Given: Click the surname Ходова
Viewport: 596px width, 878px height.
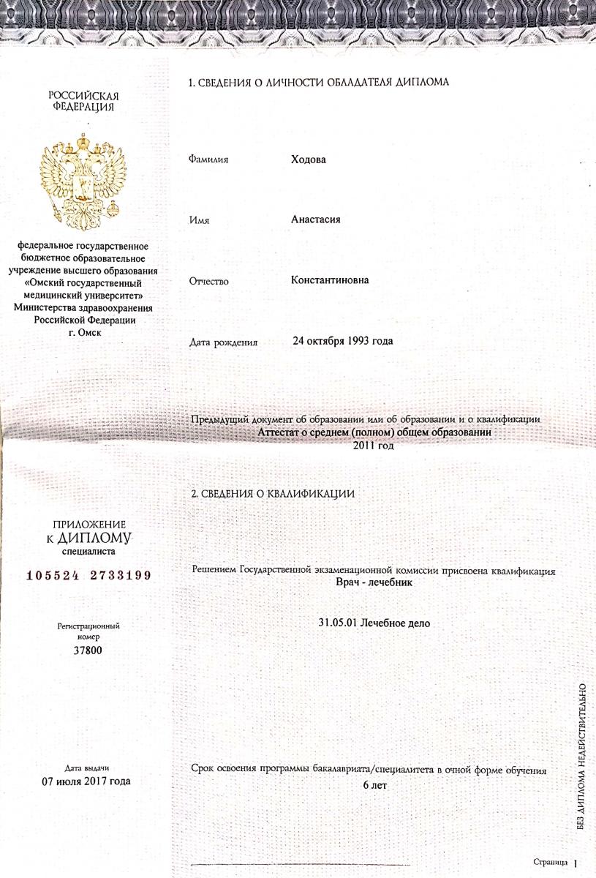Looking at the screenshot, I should (308, 160).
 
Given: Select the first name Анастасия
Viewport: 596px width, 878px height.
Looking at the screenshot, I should (316, 219).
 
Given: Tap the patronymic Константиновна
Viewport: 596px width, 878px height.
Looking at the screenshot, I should (330, 280).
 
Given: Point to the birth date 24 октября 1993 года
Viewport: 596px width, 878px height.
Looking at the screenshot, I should (342, 341).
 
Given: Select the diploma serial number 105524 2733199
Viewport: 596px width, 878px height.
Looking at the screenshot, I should (88, 575).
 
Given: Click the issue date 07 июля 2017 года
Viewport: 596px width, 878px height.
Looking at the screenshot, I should (87, 781).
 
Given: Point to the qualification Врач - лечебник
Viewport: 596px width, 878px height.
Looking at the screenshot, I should (373, 583).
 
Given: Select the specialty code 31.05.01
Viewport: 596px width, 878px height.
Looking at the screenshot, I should (339, 623).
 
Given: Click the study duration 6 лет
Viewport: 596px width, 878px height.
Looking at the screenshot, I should (374, 785).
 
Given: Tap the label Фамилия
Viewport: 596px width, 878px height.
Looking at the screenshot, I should (208, 160).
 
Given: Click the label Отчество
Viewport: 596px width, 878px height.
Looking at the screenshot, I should (209, 281).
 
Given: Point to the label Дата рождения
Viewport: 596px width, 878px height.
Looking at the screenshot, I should (223, 342).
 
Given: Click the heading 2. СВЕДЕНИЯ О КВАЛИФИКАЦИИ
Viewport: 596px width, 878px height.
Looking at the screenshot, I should (272, 494).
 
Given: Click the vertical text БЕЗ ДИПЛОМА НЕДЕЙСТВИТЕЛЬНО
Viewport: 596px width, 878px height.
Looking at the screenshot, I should (581, 756).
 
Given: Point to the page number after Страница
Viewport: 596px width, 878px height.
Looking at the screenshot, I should (576, 863).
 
